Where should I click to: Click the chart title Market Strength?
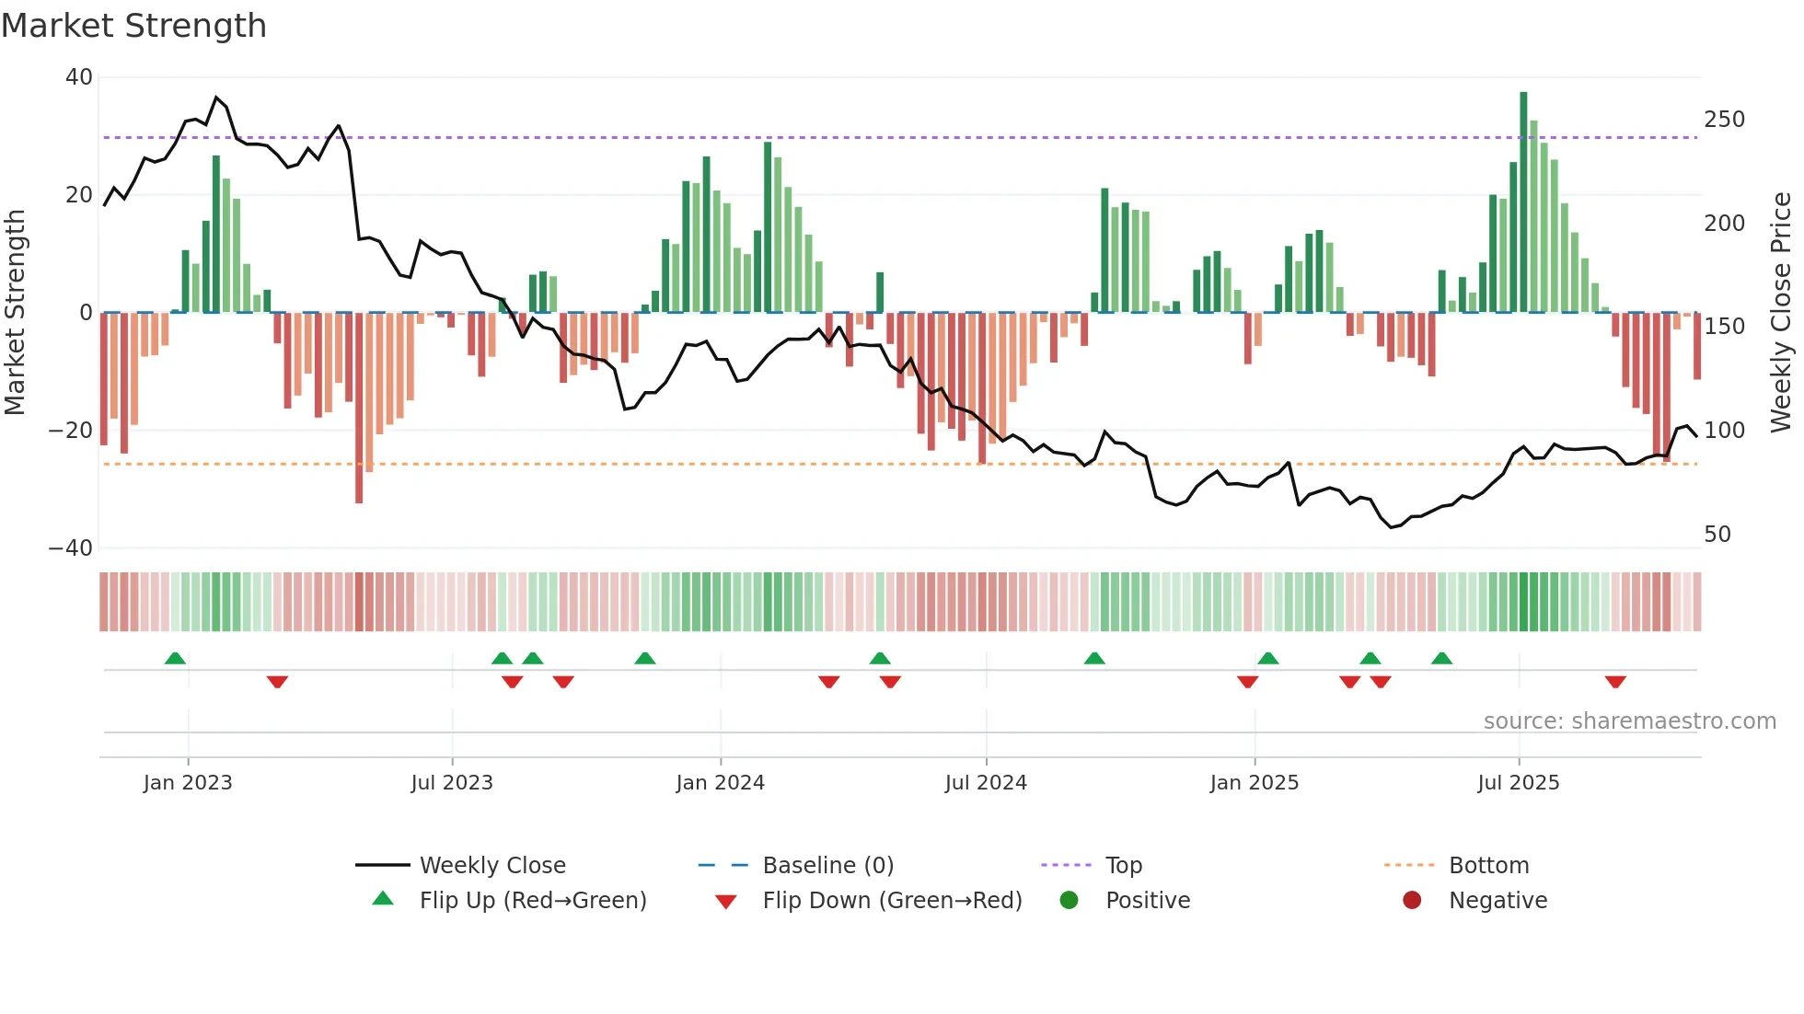point(133,26)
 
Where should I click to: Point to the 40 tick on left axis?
point(79,77)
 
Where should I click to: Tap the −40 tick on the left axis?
point(71,548)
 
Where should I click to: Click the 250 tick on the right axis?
point(1724,120)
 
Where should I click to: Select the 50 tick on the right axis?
point(1717,535)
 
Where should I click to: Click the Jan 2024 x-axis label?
point(720,783)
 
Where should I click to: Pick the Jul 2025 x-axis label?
point(1518,783)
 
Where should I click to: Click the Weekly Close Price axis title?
point(1781,313)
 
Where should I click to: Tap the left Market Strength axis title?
point(15,313)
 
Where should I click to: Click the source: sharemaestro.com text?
point(1629,721)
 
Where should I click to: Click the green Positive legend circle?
point(1069,901)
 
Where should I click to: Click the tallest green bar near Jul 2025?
point(1523,202)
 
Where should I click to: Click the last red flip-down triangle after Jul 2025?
point(1615,682)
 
